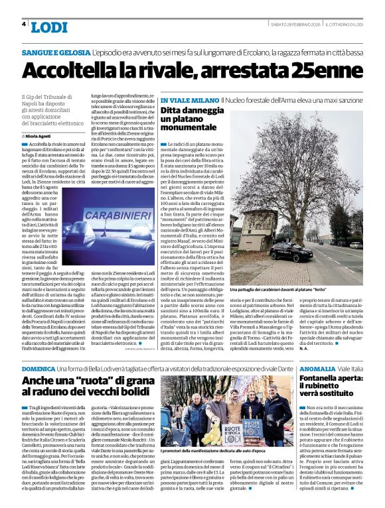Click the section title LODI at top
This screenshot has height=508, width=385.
[x=49, y=27]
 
